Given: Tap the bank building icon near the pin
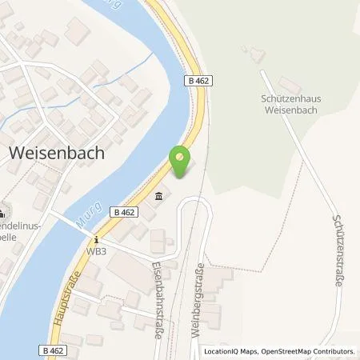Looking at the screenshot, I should (x=158, y=197).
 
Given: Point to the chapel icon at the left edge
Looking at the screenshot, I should (x=2, y=213).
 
